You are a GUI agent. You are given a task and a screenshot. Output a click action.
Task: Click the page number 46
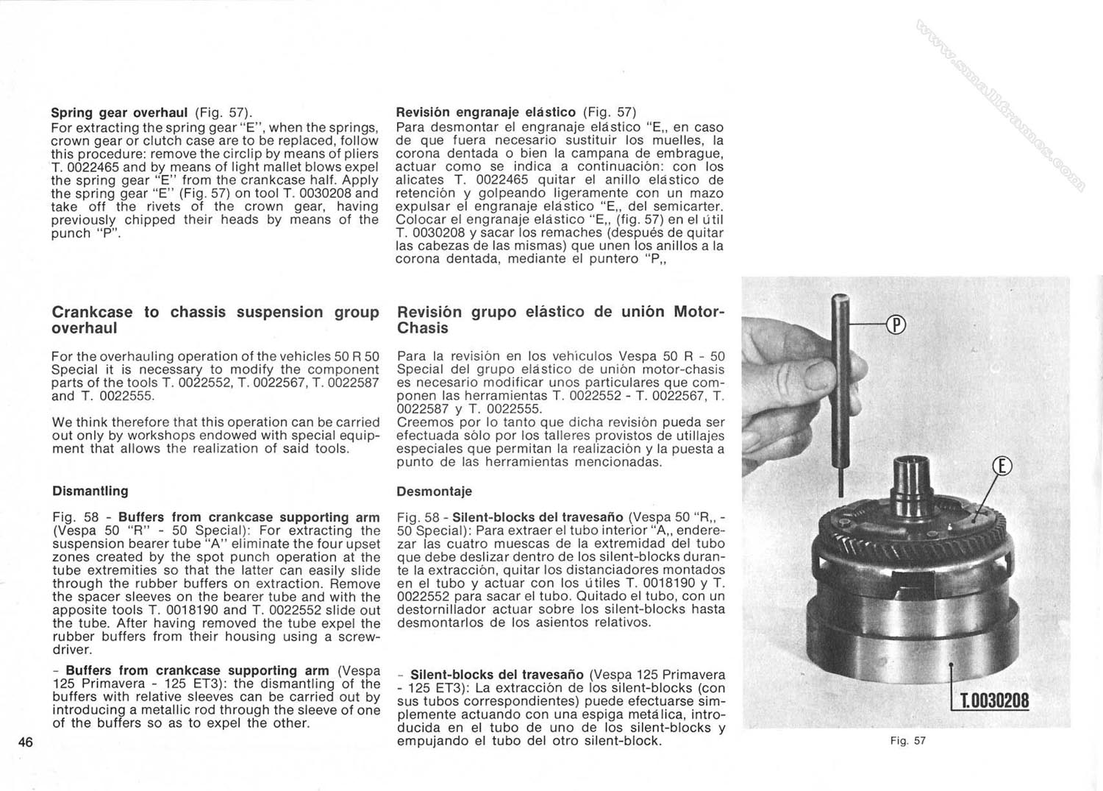coord(26,742)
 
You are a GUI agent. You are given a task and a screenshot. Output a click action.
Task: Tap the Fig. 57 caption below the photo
coord(907,741)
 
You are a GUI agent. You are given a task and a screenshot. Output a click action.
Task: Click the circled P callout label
coord(896,324)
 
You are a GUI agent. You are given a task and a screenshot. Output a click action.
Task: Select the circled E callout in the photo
coord(1002,467)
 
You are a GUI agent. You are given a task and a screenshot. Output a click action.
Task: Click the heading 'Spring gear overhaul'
coord(119,113)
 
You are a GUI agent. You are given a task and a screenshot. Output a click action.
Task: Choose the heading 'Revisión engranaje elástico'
coord(486,113)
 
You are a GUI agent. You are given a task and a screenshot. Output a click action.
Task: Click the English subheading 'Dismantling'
coord(90,491)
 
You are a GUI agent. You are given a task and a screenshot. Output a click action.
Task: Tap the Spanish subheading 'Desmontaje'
coord(434,492)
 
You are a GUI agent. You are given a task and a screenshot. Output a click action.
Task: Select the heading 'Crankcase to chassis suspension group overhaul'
coord(215,320)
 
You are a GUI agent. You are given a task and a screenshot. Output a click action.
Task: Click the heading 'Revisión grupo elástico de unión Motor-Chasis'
coord(560,320)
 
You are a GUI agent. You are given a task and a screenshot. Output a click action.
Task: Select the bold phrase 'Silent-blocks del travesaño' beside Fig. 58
coord(538,517)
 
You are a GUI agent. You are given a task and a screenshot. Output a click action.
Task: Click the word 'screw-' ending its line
coord(355,637)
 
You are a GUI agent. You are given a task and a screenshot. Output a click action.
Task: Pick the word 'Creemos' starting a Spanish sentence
coord(421,422)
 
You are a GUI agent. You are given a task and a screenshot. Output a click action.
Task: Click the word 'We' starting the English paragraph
coord(62,422)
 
